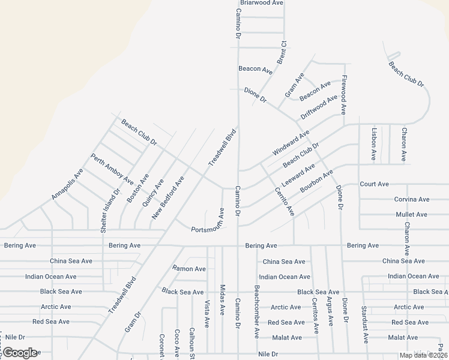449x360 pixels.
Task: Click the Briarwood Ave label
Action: pyautogui.click(x=261, y=3)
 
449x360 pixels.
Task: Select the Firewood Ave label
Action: pyautogui.click(x=345, y=95)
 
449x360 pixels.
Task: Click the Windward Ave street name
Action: pyautogui.click(x=291, y=142)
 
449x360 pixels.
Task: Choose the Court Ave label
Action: pyautogui.click(x=375, y=184)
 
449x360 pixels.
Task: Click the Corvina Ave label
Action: pyautogui.click(x=412, y=199)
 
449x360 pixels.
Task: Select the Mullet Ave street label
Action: pyautogui.click(x=412, y=214)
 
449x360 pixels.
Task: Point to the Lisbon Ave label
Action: pyautogui.click(x=374, y=144)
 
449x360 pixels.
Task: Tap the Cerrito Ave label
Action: pyautogui.click(x=285, y=202)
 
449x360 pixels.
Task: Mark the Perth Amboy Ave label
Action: pyautogui.click(x=112, y=169)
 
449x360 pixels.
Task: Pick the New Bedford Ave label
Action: pyautogui.click(x=167, y=197)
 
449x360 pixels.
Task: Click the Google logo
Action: pyautogui.click(x=20, y=353)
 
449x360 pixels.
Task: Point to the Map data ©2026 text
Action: pyautogui.click(x=423, y=355)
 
